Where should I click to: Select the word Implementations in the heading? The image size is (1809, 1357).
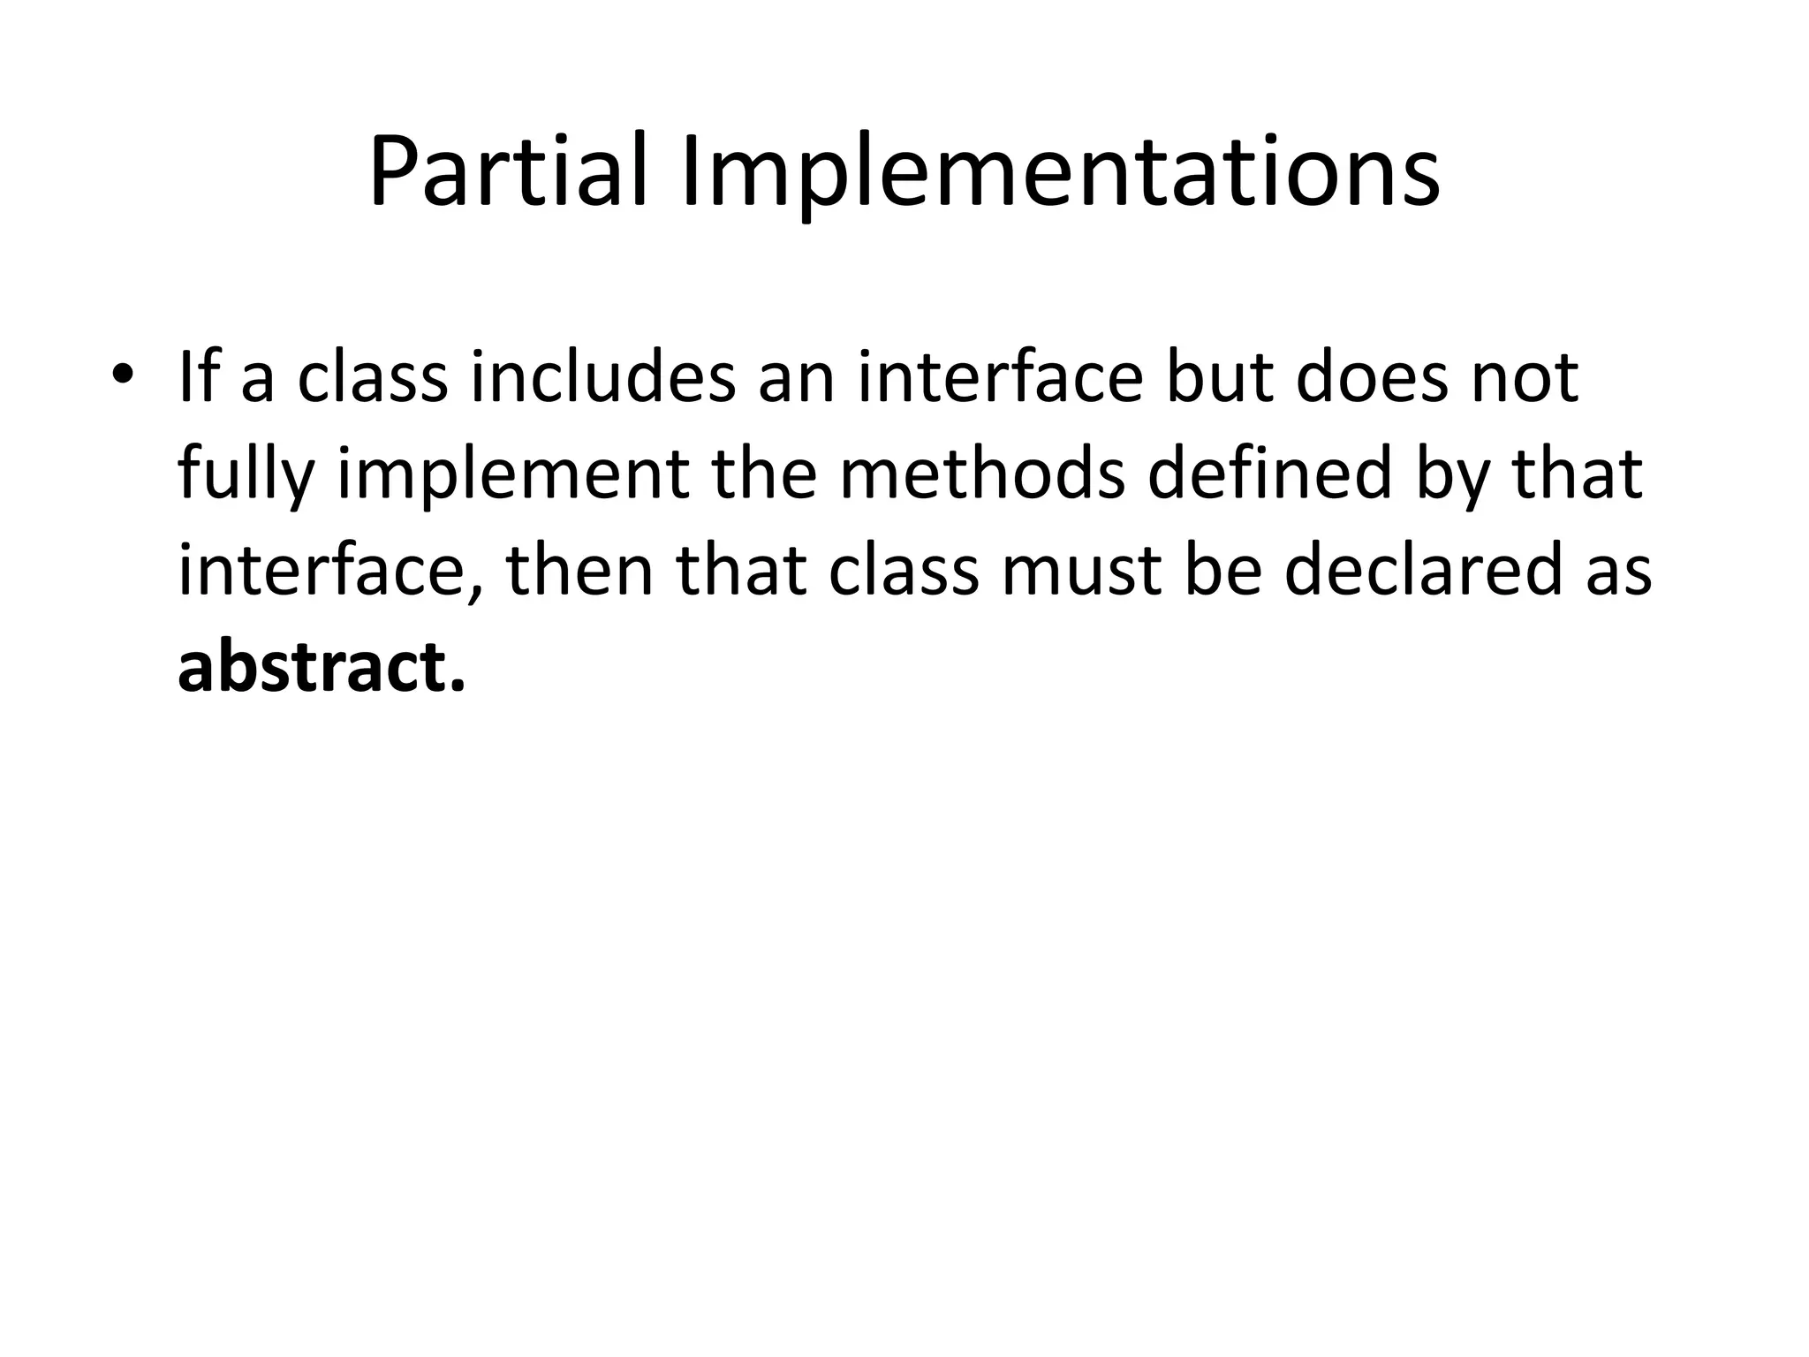coord(1061,172)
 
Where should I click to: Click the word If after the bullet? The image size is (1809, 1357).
coord(199,377)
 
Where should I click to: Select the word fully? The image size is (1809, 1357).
coord(246,474)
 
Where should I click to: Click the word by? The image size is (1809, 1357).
coord(1449,474)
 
